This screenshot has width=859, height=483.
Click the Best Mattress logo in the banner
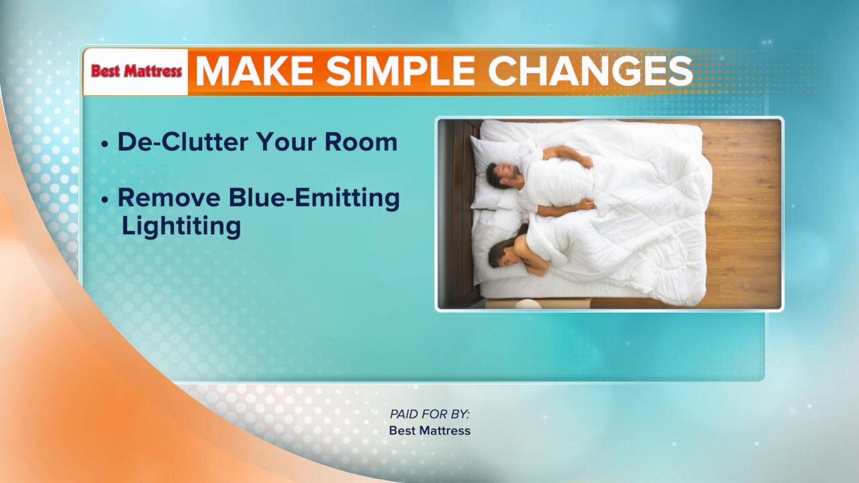136,71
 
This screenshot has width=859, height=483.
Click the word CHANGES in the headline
591,71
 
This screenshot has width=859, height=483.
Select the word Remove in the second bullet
168,198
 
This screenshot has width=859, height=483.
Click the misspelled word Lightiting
181,226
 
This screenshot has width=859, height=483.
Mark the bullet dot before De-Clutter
105,144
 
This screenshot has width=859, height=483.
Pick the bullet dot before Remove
105,200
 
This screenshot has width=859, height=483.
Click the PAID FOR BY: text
429,415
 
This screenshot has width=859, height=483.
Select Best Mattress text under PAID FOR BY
429,431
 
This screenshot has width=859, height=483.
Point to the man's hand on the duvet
585,161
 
